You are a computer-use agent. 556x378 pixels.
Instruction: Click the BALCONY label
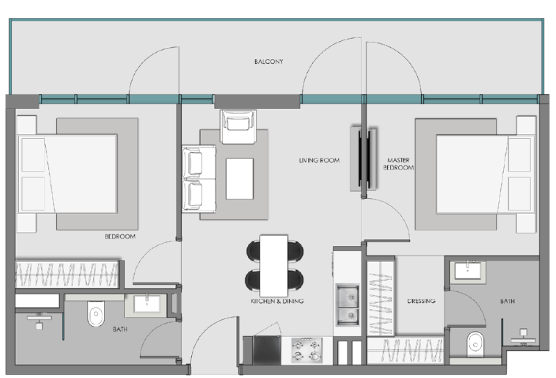click(x=268, y=62)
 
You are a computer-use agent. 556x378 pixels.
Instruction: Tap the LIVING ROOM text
click(x=319, y=161)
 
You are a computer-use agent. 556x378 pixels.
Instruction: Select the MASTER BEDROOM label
click(x=400, y=164)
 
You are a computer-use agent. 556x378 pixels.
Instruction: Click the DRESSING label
click(x=421, y=302)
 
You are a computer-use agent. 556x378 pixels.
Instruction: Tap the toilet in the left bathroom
click(x=95, y=316)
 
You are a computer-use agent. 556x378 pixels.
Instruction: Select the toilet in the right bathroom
click(x=475, y=342)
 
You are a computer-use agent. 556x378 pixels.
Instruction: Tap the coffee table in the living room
click(x=239, y=178)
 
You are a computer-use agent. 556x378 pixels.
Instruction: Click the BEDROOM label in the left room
click(x=120, y=237)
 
